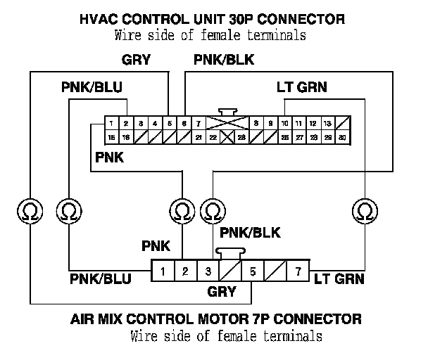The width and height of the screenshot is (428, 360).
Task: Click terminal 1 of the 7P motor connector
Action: click(163, 271)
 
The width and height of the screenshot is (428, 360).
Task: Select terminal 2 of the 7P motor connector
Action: click(185, 271)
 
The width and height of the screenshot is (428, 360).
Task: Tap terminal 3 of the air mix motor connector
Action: click(208, 271)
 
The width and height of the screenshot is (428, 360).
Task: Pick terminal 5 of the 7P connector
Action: click(253, 271)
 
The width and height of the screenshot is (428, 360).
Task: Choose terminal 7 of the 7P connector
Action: click(298, 271)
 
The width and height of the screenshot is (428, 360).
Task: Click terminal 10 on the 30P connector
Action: click(284, 123)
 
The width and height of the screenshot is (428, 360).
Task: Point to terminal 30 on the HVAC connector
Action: click(342, 137)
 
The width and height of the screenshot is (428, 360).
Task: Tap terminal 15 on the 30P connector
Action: click(111, 137)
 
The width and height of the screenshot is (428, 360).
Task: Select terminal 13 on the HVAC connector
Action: click(327, 123)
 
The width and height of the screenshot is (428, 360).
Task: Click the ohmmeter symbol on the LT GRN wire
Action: click(365, 210)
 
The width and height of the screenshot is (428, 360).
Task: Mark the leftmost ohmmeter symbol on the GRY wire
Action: click(28, 210)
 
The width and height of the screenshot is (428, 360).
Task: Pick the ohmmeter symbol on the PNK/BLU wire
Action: click(68, 210)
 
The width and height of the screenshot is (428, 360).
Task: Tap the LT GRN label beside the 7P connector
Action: click(339, 278)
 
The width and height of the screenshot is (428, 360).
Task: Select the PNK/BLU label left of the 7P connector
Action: click(100, 278)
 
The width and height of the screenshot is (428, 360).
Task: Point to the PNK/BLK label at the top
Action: click(224, 60)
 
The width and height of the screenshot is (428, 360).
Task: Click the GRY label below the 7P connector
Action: click(222, 291)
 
